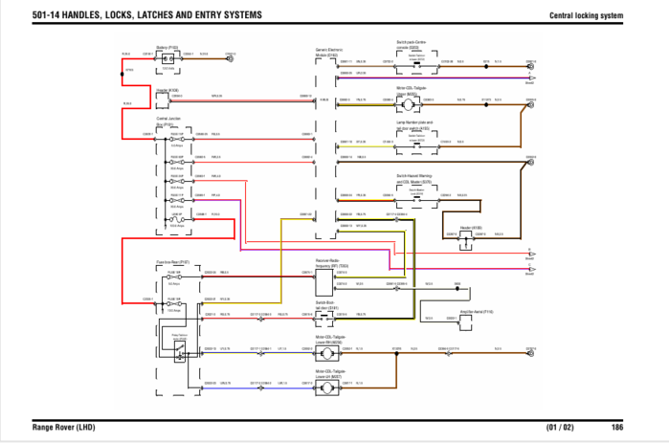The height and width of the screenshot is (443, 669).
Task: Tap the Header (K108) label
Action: tap(167, 90)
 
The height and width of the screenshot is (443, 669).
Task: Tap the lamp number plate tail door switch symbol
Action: tap(416, 139)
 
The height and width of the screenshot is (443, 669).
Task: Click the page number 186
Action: tap(618, 426)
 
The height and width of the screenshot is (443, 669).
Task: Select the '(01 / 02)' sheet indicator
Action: tap(560, 426)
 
